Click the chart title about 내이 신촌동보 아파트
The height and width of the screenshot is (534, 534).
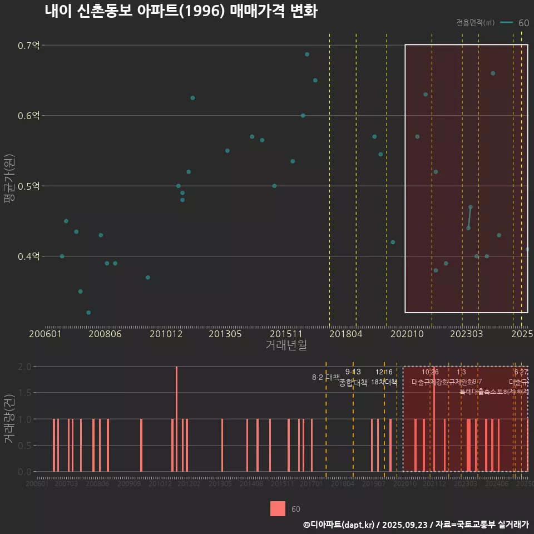pyautogui.click(x=181, y=11)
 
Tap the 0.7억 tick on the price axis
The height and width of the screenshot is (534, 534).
pyautogui.click(x=29, y=46)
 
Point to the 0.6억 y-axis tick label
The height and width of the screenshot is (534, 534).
pyautogui.click(x=29, y=116)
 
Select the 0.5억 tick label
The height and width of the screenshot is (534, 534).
pyautogui.click(x=29, y=186)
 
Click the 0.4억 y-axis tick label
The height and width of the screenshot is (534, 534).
pyautogui.click(x=29, y=256)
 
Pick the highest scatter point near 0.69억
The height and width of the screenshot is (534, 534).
pyautogui.click(x=307, y=55)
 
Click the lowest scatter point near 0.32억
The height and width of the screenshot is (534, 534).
pyautogui.click(x=88, y=313)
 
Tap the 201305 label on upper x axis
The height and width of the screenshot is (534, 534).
pyautogui.click(x=225, y=334)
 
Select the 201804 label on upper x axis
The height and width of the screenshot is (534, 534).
pyautogui.click(x=345, y=334)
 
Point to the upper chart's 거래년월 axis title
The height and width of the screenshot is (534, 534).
pyautogui.click(x=286, y=345)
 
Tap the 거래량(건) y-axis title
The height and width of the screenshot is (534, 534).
pyautogui.click(x=9, y=419)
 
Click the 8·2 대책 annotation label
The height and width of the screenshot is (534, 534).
pyautogui.click(x=325, y=378)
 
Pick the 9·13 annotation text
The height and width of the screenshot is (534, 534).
pyautogui.click(x=353, y=372)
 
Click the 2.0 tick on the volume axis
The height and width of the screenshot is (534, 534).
pyautogui.click(x=24, y=367)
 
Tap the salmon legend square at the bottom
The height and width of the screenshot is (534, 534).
pyautogui.click(x=278, y=509)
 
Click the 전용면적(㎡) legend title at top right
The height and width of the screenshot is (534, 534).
pyautogui.click(x=475, y=23)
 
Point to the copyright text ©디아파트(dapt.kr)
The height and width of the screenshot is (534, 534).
pyautogui.click(x=339, y=525)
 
